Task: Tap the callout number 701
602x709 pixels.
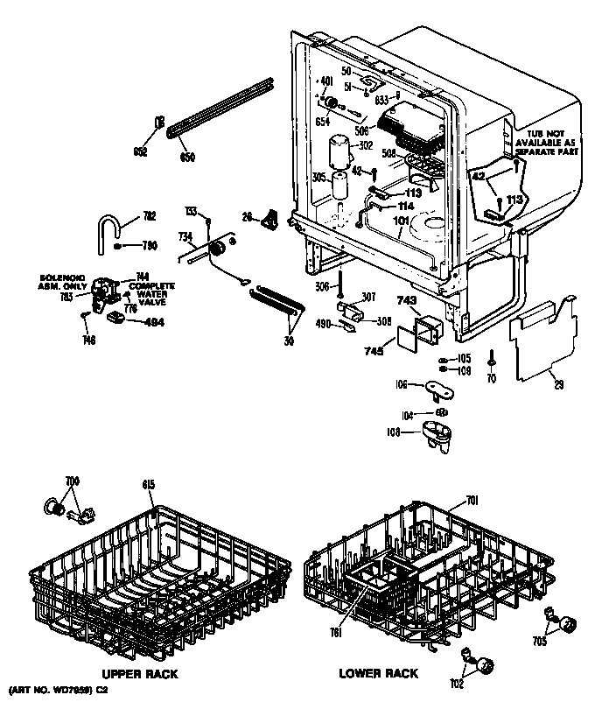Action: click(472, 501)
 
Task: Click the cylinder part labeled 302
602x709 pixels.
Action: click(338, 152)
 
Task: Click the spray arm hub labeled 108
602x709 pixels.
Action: click(435, 434)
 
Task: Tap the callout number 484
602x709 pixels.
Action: click(154, 320)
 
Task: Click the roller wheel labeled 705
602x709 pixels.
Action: click(569, 624)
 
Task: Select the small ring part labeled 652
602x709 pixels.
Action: click(160, 123)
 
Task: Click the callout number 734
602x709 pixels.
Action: click(185, 236)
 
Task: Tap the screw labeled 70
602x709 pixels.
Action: click(493, 358)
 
